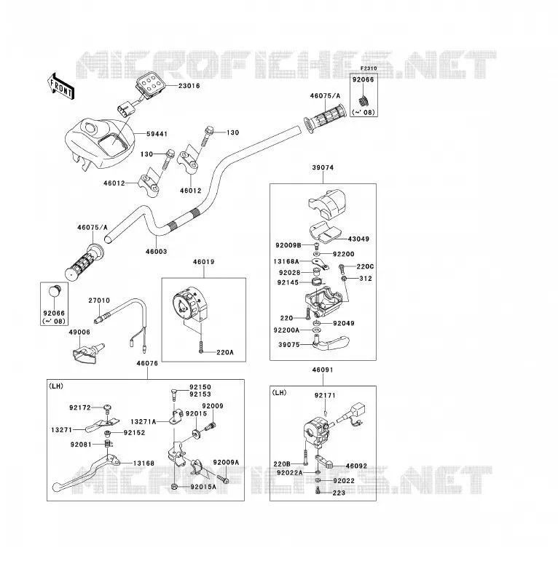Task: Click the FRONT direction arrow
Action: click(x=61, y=87)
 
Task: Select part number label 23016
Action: click(x=189, y=86)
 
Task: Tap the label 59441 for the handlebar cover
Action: click(x=157, y=134)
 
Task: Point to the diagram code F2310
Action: click(x=369, y=68)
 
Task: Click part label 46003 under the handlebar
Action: click(x=156, y=252)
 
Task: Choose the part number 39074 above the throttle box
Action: click(x=323, y=167)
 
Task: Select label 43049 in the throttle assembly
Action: click(x=358, y=239)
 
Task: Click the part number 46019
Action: click(x=203, y=262)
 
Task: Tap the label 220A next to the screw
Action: click(x=225, y=352)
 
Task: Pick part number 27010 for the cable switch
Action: click(x=99, y=301)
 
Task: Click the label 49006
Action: click(x=79, y=332)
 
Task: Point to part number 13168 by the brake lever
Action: click(x=144, y=463)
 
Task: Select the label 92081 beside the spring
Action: click(x=81, y=445)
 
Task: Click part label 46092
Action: click(x=356, y=466)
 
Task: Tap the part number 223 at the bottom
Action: click(x=339, y=493)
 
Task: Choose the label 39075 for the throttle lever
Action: click(x=288, y=345)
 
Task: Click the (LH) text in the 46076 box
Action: click(x=56, y=386)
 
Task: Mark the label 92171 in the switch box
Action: click(x=325, y=395)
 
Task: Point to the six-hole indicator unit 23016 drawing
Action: click(x=149, y=87)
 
